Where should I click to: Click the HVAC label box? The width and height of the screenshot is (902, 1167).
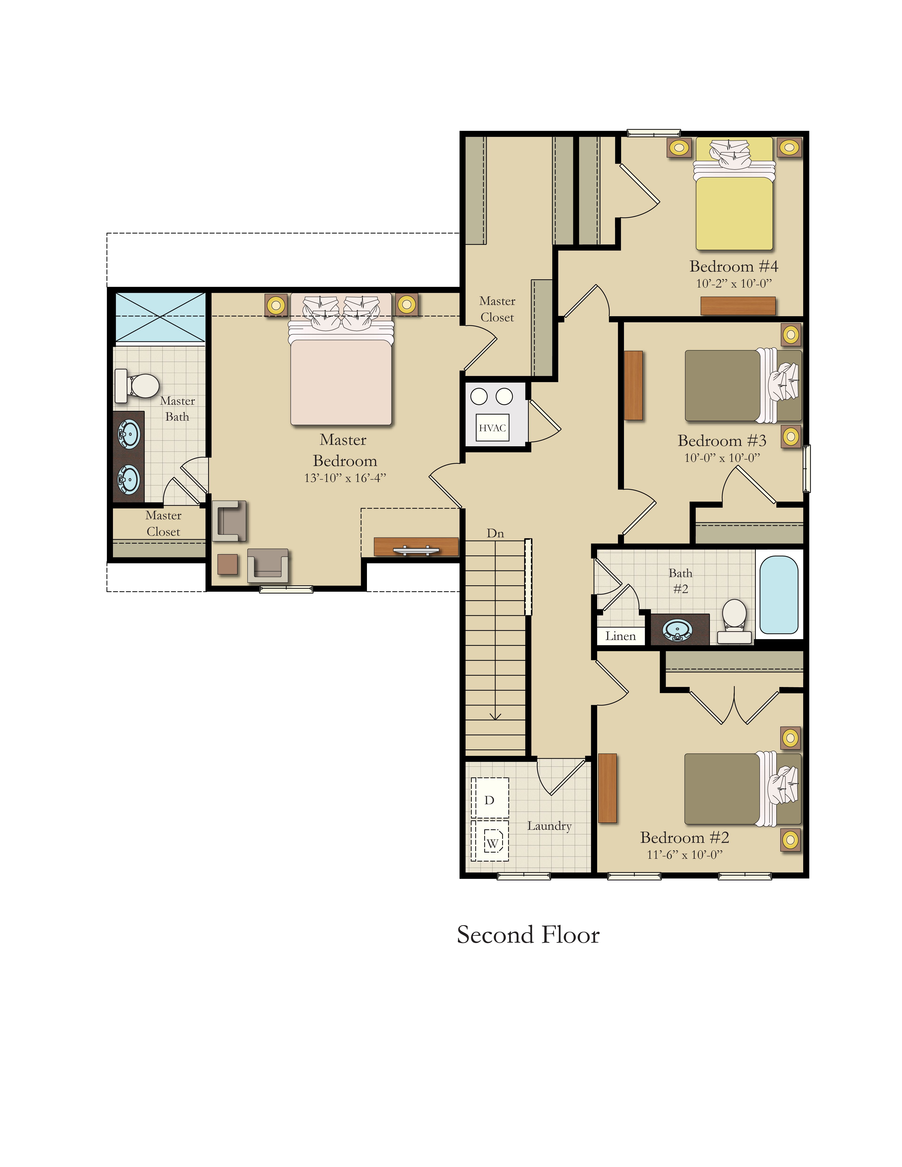click(492, 427)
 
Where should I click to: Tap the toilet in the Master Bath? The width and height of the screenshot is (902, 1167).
click(137, 385)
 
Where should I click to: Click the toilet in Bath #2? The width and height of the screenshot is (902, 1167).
click(735, 621)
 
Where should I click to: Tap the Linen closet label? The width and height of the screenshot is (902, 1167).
click(620, 636)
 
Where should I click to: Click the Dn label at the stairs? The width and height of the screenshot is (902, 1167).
click(495, 533)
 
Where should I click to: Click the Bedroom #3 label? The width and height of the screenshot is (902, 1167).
click(722, 441)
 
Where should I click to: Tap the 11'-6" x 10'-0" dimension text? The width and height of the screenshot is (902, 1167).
click(685, 854)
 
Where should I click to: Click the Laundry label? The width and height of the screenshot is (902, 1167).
click(549, 826)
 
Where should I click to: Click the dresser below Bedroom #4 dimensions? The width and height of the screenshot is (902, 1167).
click(738, 306)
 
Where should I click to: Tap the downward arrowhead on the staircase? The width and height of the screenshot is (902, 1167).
click(495, 716)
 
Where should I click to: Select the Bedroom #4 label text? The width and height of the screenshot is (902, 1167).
click(734, 266)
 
